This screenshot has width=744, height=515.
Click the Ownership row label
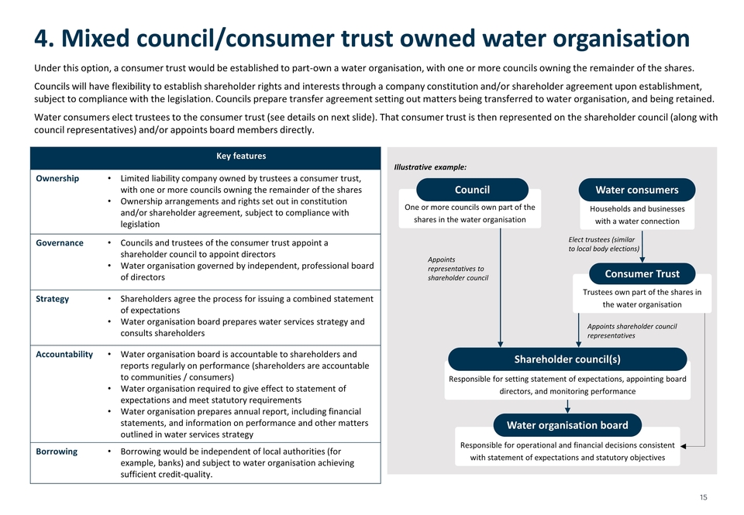57,178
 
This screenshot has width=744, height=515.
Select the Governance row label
60,243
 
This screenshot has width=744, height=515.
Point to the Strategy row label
52,299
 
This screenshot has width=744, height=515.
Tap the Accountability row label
64,354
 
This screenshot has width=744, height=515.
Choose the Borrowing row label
57,451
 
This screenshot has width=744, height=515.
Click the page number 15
703,497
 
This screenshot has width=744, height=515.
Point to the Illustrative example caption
430,167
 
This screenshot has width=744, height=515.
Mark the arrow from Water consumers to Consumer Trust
642,246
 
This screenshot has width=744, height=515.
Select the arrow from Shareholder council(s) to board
567,407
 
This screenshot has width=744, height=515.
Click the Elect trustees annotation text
604,244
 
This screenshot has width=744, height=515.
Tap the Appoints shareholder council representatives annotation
632,331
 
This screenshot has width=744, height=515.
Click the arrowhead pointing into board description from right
684,446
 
